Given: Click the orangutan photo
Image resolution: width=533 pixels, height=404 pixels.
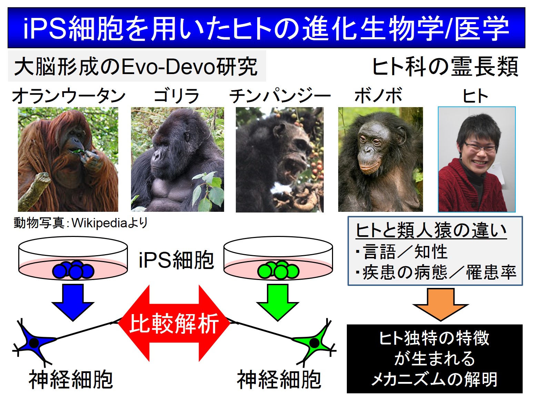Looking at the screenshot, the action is [68, 159].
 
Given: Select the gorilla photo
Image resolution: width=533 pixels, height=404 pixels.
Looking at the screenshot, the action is [178, 159].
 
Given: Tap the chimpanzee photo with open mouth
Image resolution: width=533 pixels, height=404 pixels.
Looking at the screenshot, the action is [280, 159].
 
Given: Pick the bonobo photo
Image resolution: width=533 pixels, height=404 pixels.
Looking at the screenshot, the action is [381, 159].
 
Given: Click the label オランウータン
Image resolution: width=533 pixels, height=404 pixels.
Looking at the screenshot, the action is [69, 96].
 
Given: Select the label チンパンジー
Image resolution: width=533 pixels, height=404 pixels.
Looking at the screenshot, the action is [280, 96].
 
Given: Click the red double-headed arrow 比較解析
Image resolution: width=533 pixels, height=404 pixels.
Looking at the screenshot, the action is [174, 323].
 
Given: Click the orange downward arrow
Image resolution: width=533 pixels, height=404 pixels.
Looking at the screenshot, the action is [441, 305].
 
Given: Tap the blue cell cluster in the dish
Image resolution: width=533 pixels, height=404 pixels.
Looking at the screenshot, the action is [73, 270].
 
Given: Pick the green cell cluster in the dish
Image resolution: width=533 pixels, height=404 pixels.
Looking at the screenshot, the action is [278, 270].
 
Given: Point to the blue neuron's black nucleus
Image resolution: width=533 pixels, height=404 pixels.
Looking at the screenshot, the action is [34, 343].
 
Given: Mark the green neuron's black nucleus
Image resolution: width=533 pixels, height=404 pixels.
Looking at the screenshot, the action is [314, 343].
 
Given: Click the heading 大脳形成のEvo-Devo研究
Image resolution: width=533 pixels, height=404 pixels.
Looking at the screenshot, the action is [136, 66].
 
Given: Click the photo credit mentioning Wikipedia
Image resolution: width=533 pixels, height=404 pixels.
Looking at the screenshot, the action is [81, 222].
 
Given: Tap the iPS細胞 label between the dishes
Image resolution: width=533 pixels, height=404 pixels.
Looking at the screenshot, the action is [177, 260].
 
